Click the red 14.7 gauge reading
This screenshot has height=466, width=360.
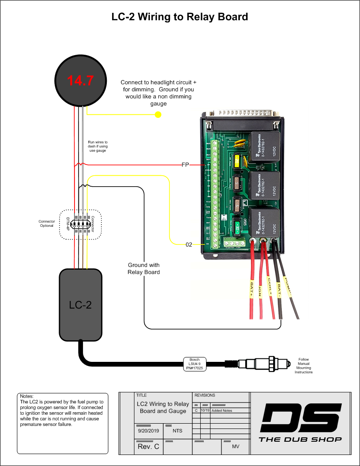80,81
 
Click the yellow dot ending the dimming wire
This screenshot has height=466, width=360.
158,115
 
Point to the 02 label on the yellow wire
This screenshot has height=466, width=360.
189,244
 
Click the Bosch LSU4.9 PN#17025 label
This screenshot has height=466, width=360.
195,364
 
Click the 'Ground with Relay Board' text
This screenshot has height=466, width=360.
143,269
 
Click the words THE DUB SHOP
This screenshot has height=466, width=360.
300,439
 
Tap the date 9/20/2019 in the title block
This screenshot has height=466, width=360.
147,431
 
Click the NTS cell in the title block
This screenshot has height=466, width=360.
177,431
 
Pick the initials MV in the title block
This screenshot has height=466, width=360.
236,447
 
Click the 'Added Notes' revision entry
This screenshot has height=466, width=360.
221,410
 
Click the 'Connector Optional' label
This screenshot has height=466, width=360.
46,223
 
